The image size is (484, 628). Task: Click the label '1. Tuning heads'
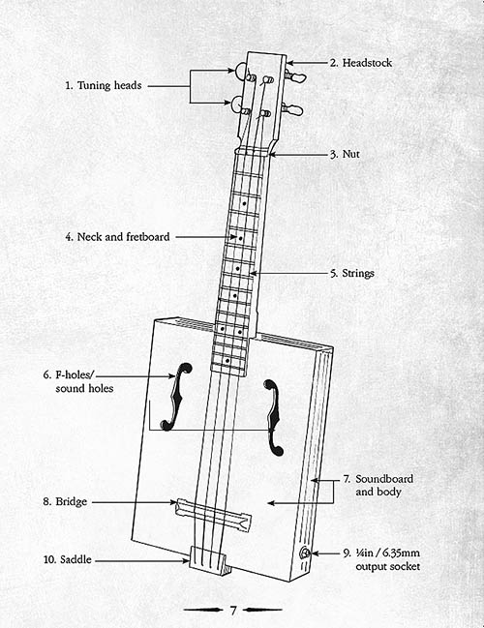coord(104,85)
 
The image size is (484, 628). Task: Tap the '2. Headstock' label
coord(361,63)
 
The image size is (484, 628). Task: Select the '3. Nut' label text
coord(345,154)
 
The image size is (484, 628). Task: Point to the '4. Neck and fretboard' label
coord(117,237)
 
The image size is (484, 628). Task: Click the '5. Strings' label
coord(352,273)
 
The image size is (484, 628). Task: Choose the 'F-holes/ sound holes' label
coord(78,381)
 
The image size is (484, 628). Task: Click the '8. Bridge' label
coord(65,502)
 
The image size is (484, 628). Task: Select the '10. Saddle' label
coord(68,559)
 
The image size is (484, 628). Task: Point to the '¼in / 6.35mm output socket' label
coord(381,559)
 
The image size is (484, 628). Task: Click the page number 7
coord(233,610)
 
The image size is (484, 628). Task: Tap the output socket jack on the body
coord(305,553)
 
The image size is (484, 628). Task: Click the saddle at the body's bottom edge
coord(207,560)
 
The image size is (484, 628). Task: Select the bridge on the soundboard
coord(214,515)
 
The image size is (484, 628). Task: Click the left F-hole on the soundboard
coord(176,397)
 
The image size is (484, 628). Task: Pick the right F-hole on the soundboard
coord(274,418)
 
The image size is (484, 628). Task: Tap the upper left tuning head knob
coord(240,72)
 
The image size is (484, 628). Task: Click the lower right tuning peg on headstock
coord(293,108)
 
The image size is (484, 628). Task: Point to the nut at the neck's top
coord(254,151)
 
